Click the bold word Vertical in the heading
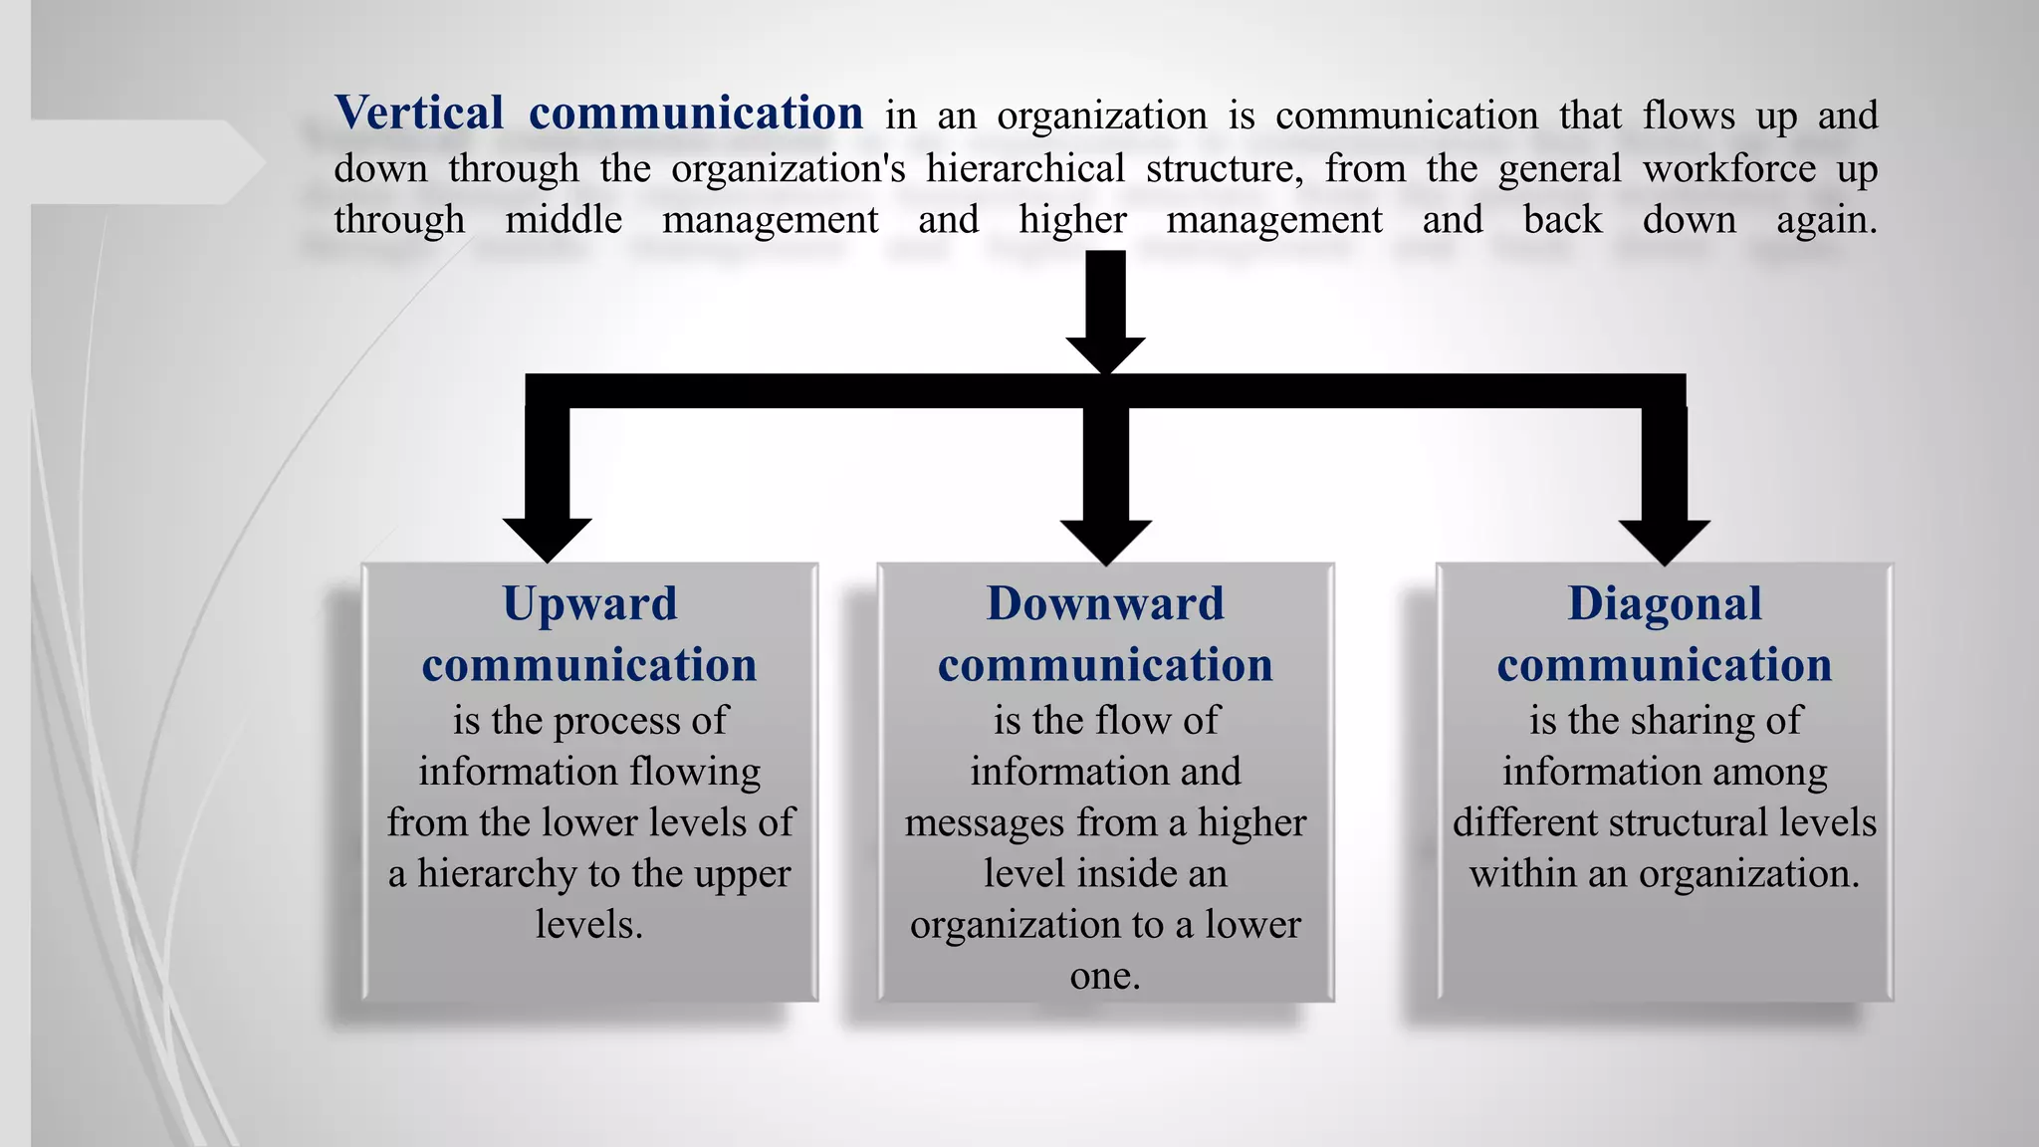click(419, 113)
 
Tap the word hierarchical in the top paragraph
click(1025, 168)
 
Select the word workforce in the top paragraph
click(1729, 168)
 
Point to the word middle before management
click(564, 220)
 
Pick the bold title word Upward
click(589, 603)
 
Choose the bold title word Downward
click(1105, 603)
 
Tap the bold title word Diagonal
click(1665, 603)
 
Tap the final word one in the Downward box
click(1103, 976)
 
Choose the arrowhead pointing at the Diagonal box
click(1664, 541)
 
